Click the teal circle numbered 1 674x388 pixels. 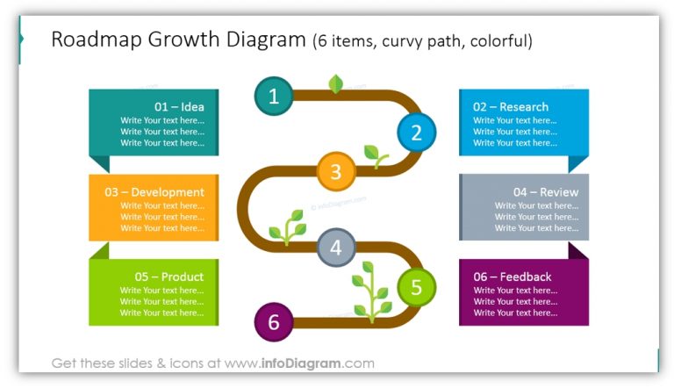274,97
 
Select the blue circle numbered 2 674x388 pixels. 416,133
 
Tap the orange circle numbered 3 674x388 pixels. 335,171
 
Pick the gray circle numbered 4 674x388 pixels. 335,248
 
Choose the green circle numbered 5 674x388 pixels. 416,286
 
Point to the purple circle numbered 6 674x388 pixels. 274,323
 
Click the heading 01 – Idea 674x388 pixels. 179,107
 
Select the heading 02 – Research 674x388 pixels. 511,107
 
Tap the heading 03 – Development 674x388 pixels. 154,192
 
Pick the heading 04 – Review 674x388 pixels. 546,192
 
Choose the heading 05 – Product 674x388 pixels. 168,277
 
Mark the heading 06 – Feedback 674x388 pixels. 513,277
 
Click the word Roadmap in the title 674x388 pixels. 95,40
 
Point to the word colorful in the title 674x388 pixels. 498,41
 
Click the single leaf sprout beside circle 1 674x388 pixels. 335,84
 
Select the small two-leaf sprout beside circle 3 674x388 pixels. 375,156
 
